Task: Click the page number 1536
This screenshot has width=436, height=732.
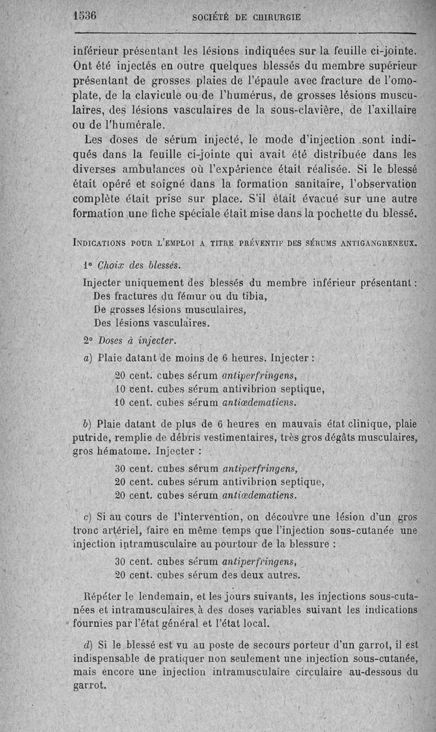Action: point(84,16)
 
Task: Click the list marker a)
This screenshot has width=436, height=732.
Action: point(88,359)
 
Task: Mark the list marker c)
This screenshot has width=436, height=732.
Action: point(87,516)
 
